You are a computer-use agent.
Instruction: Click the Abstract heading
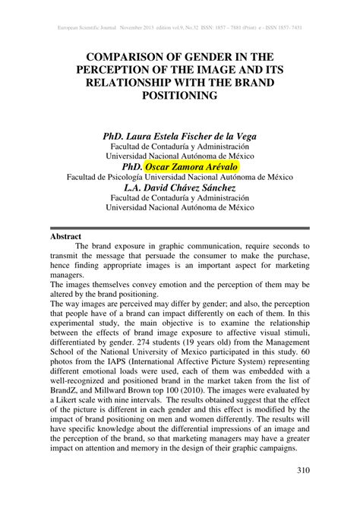[65, 236]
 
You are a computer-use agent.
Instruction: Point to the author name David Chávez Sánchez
[191, 188]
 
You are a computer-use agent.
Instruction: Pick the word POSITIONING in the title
[180, 96]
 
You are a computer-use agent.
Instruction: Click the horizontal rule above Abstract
[180, 228]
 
